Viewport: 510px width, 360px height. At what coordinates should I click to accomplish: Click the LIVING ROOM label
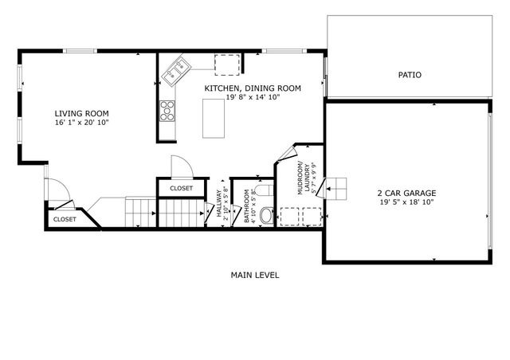click(81, 113)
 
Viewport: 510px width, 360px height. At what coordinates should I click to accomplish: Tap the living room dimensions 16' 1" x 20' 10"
click(81, 123)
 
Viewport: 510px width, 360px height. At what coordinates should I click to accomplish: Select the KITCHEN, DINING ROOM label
click(253, 88)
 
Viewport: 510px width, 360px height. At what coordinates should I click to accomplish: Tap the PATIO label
click(410, 75)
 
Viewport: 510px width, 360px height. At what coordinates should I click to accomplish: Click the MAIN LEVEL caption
click(255, 275)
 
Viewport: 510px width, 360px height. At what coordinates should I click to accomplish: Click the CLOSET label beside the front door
click(65, 219)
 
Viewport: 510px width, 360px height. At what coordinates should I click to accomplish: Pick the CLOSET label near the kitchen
click(181, 189)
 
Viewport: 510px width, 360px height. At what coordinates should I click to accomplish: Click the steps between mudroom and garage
click(340, 187)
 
